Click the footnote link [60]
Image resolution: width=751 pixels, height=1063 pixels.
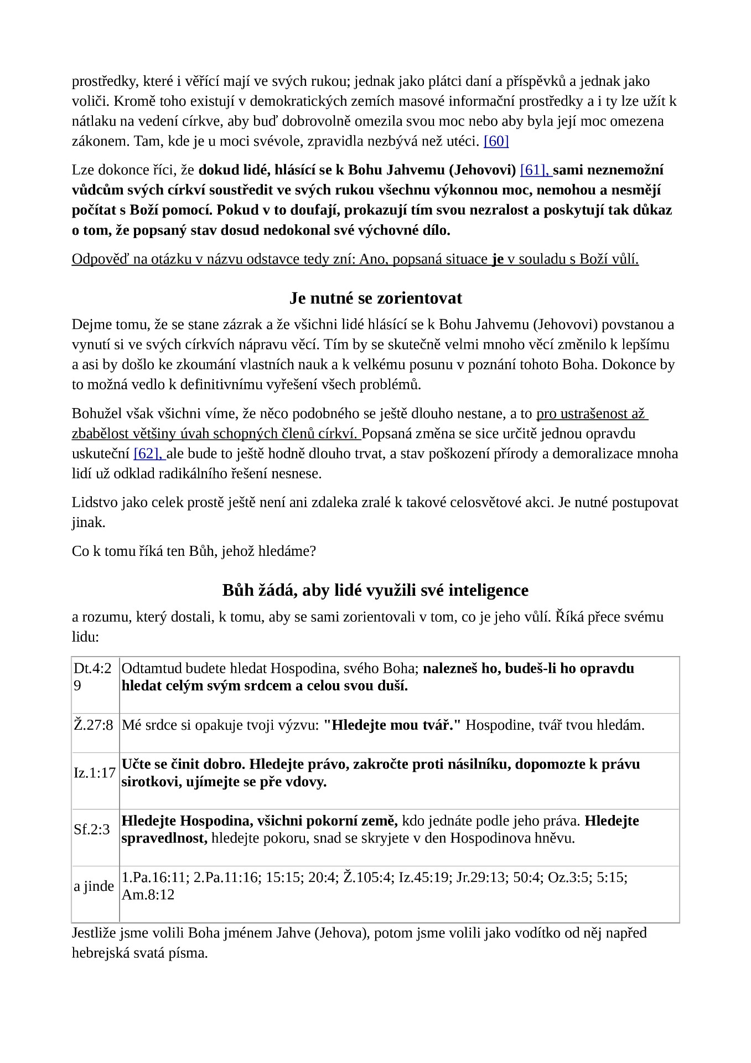coord(496,141)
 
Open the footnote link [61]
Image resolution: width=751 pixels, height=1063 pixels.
coord(534,170)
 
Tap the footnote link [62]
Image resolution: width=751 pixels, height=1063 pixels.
coord(148,453)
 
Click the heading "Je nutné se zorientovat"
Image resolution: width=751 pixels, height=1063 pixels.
coord(375,298)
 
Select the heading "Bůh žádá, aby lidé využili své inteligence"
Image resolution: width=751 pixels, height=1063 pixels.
coord(375,590)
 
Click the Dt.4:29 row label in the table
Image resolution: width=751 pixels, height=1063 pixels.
coord(93,677)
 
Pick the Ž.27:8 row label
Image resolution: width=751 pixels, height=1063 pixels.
coord(94,725)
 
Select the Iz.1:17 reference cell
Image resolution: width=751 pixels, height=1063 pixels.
coord(95,772)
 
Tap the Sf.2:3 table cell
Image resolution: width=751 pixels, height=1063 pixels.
coord(92,829)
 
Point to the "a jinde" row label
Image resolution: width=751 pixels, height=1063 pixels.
coord(94,886)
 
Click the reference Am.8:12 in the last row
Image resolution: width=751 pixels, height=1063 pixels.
coord(148,895)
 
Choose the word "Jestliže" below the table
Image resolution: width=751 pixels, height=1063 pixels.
coord(94,933)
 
